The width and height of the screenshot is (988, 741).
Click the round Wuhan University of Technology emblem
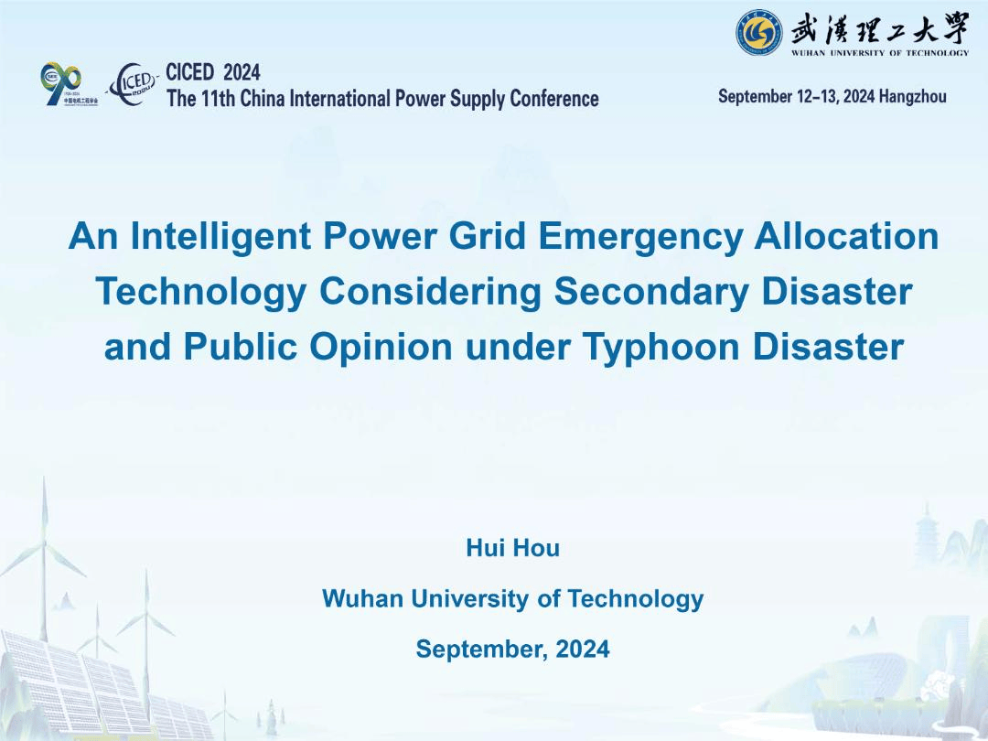(x=759, y=32)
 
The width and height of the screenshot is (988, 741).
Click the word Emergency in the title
(x=640, y=237)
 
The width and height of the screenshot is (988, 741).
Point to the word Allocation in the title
(x=846, y=236)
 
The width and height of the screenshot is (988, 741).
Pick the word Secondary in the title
(x=651, y=293)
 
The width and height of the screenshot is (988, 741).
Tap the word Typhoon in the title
(x=661, y=348)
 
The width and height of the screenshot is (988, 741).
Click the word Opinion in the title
(x=381, y=348)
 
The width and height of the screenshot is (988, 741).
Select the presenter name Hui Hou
(x=513, y=548)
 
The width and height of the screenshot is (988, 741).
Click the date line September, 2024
(x=513, y=649)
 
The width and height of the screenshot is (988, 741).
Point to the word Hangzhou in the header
(x=912, y=96)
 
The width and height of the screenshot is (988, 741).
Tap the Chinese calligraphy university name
(x=880, y=28)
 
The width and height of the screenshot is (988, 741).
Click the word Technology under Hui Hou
(x=635, y=598)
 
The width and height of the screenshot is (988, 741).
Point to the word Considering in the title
(x=430, y=293)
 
